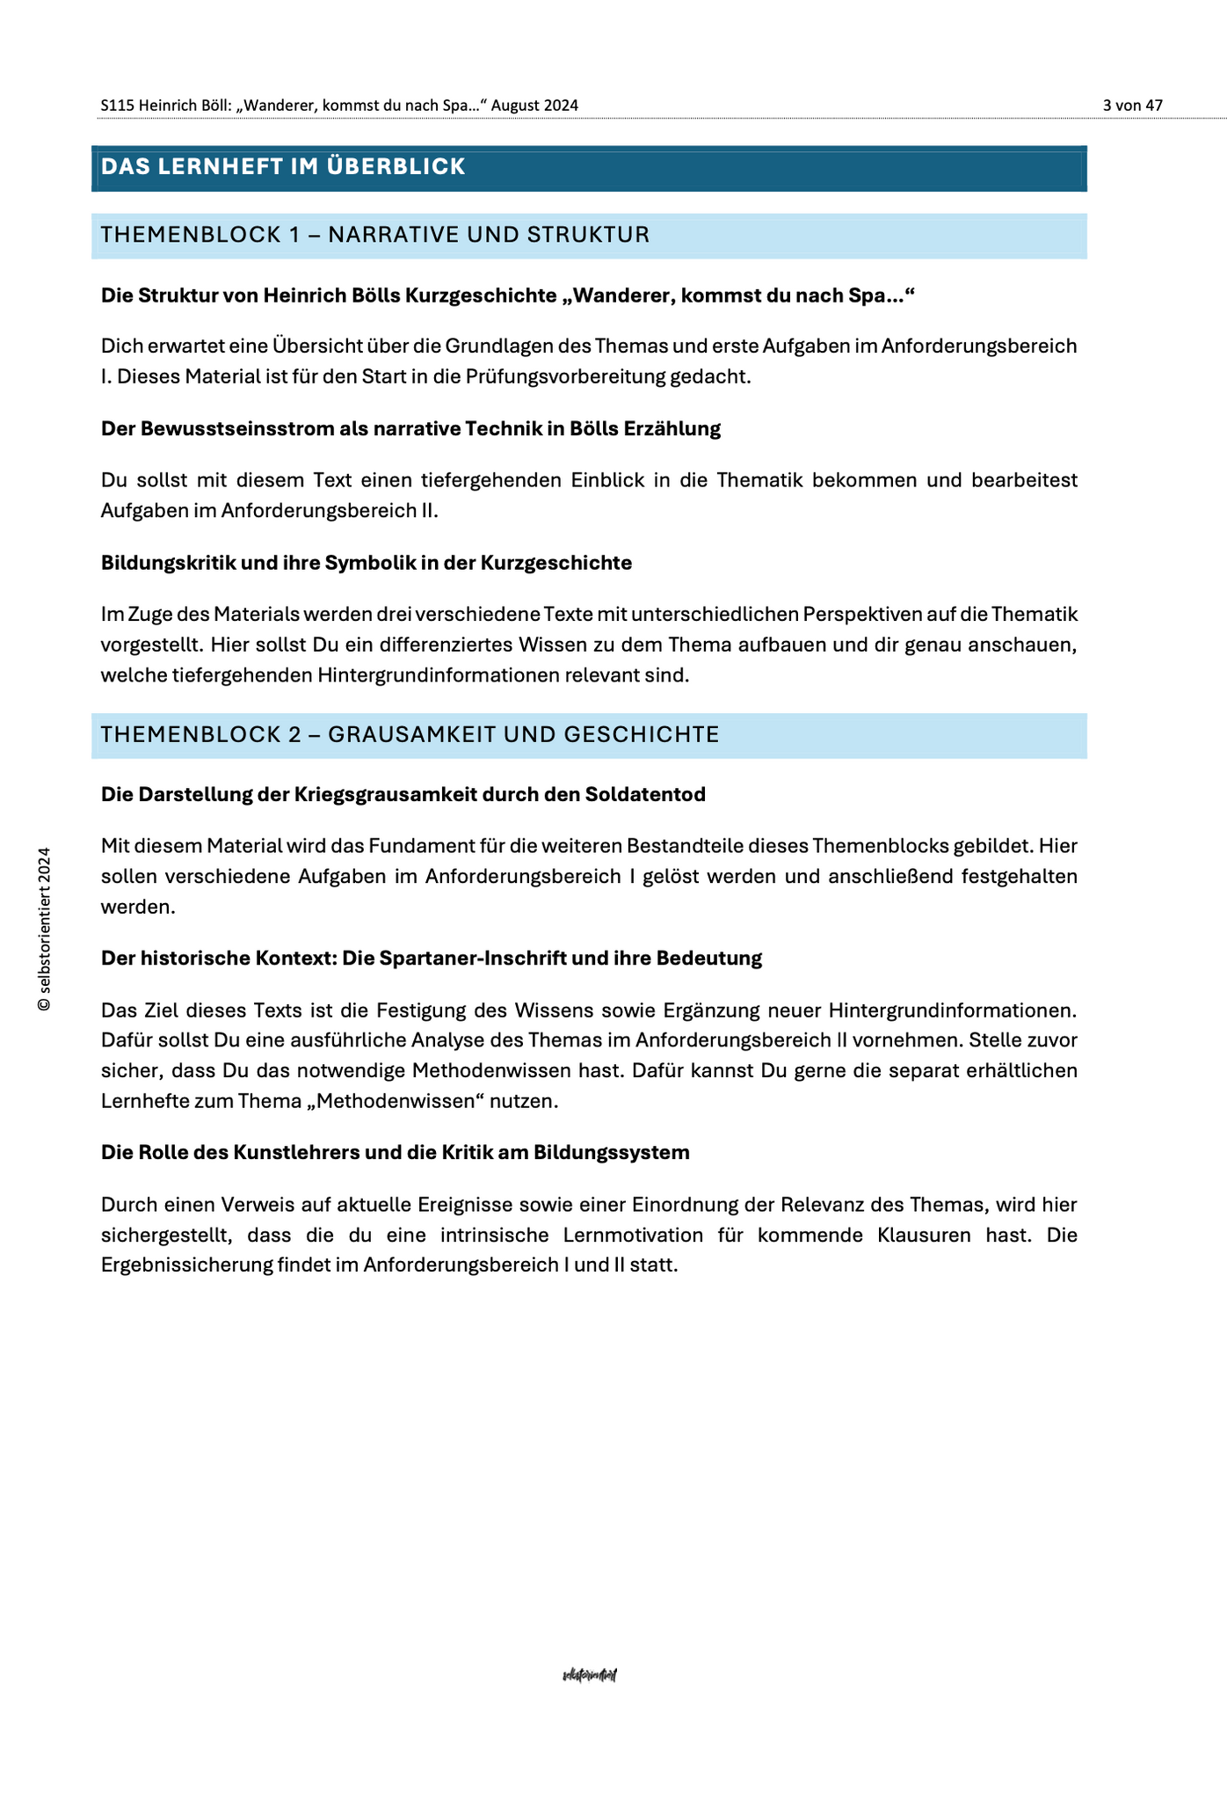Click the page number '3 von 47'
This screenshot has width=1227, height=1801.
1132,106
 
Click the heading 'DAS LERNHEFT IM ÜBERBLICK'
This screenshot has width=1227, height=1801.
282,166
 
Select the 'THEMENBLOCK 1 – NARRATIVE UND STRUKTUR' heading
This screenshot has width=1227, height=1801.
375,235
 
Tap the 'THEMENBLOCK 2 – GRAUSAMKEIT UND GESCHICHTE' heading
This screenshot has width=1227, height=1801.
410,734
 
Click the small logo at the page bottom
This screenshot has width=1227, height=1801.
590,1675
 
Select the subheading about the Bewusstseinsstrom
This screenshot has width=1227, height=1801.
410,429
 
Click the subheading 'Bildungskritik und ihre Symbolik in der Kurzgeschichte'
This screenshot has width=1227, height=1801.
366,563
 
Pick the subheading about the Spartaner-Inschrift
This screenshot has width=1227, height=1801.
431,959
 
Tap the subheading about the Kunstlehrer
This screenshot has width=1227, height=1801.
395,1153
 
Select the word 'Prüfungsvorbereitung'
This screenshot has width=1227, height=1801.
565,377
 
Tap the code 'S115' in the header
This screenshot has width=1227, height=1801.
118,106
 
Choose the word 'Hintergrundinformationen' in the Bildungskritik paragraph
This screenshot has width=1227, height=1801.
442,676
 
